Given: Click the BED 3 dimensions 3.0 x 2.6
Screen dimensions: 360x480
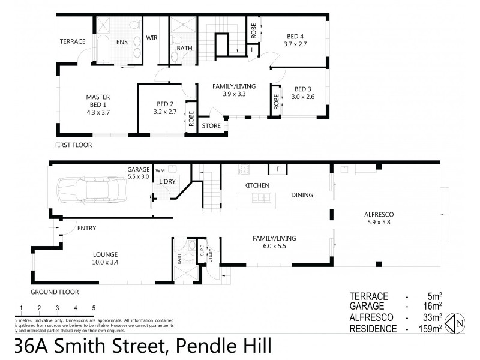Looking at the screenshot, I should pos(303,97).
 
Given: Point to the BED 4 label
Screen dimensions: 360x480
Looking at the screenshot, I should pos(295,36).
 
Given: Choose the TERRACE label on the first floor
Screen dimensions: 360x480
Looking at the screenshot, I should pos(73,41).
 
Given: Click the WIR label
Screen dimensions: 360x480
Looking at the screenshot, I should pos(152,38).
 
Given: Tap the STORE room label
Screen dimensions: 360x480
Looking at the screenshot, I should pos(211,126).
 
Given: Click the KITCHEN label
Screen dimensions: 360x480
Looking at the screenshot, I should pos(256,185).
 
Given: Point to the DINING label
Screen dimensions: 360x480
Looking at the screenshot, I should pos(302,194).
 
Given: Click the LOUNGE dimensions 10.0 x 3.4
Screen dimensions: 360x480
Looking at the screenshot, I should pos(105,262).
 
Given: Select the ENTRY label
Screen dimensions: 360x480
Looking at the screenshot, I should pos(87,228).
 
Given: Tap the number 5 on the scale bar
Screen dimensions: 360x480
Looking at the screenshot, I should pos(94,308).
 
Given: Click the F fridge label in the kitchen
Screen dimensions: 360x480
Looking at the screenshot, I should pos(278,169).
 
